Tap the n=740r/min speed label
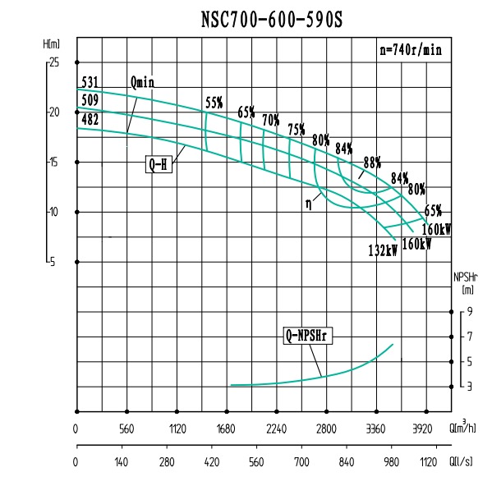[411, 49]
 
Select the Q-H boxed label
[157, 164]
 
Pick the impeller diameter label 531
[90, 82]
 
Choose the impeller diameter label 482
[90, 120]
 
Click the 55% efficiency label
[214, 103]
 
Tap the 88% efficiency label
[373, 162]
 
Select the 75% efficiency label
[297, 130]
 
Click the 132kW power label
[383, 250]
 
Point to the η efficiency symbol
[310, 199]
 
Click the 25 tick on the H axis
[53, 62]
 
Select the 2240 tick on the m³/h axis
[277, 428]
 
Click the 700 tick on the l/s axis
[301, 462]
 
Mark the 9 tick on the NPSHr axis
[470, 312]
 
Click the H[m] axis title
[52, 44]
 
